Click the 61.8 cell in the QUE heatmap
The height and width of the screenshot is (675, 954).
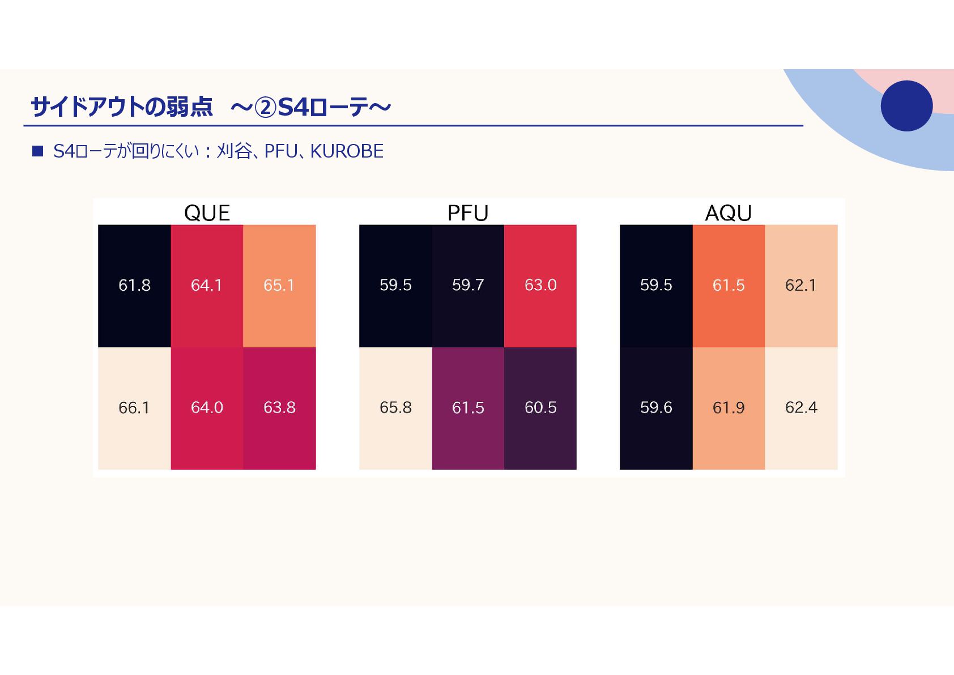click(134, 285)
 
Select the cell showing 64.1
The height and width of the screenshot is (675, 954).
click(207, 285)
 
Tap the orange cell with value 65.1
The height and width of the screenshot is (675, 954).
click(279, 285)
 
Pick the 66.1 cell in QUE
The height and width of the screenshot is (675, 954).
click(134, 407)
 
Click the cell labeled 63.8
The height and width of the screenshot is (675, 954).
click(279, 407)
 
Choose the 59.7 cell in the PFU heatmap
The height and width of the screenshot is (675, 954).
click(468, 285)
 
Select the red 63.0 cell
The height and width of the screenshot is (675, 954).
click(540, 285)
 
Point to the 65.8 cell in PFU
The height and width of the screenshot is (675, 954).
click(395, 407)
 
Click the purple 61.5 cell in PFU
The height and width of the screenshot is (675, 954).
click(468, 407)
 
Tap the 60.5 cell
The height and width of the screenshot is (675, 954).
click(540, 407)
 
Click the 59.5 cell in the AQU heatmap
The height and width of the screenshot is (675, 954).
click(656, 285)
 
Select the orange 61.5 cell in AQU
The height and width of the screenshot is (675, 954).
click(729, 285)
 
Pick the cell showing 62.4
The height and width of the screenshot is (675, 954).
click(801, 407)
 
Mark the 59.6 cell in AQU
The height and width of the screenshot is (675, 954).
click(656, 407)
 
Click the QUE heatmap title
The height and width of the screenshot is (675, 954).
click(207, 213)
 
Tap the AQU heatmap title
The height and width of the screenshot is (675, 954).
click(729, 213)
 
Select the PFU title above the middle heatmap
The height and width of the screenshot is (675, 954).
click(468, 213)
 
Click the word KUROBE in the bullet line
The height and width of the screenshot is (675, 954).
click(347, 151)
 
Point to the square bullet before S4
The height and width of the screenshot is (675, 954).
click(38, 151)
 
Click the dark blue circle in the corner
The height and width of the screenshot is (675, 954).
click(906, 106)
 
